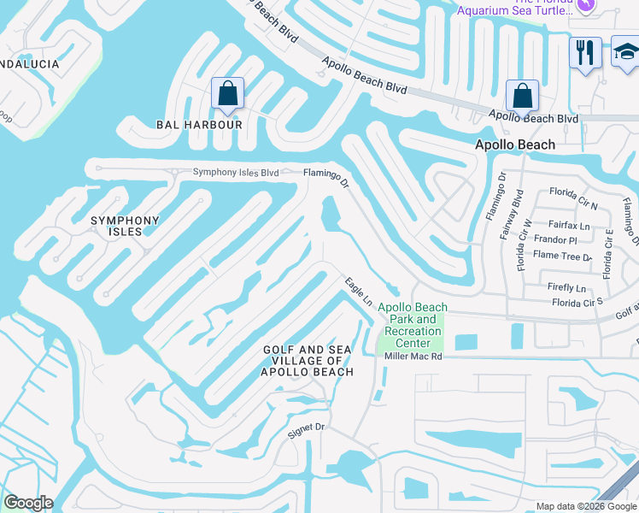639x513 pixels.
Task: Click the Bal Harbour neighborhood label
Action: tap(199, 125)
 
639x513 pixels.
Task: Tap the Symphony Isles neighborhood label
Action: tap(126, 227)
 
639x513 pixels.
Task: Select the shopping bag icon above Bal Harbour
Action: tap(228, 94)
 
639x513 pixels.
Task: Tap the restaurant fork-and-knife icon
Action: tap(585, 54)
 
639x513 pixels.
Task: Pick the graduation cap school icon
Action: tap(626, 54)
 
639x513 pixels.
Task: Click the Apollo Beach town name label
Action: tap(514, 145)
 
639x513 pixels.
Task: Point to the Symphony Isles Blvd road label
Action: tap(236, 173)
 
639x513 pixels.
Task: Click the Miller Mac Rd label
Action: tap(413, 356)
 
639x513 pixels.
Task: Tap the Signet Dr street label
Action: tap(308, 428)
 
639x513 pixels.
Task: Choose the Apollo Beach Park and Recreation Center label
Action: tap(413, 325)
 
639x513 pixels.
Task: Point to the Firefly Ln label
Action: tap(568, 288)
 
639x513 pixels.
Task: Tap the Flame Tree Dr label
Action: tap(562, 256)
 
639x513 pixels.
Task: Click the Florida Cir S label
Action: tap(577, 303)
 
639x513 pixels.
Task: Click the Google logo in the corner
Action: tap(28, 503)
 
